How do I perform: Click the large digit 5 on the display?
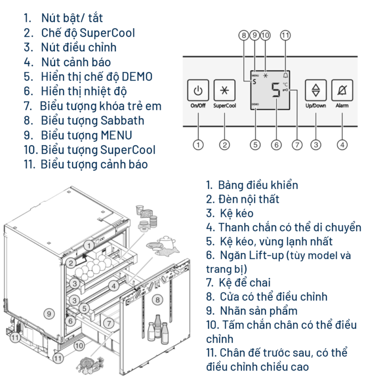point(276,90)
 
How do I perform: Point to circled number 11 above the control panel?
point(285,35)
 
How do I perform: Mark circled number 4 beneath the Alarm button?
point(341,144)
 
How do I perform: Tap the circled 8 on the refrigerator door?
point(158,300)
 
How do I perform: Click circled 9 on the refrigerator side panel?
point(47,313)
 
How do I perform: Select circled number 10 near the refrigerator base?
point(79,345)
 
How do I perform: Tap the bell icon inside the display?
point(285,75)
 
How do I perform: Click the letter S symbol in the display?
point(254,81)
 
